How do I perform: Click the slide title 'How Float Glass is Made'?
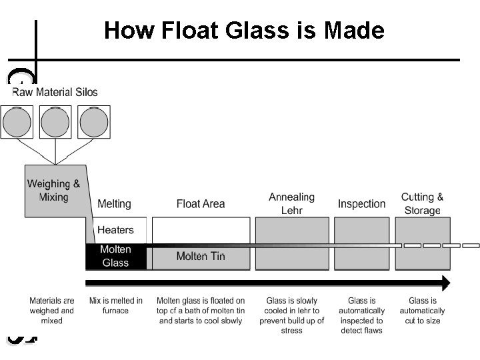244,31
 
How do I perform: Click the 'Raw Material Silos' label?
55,92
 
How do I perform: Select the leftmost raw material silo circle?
17,122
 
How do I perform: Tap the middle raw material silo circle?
55,122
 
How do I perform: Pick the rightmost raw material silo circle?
94,122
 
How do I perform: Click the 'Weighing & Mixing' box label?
53,190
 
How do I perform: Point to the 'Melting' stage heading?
115,204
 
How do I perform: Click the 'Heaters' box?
115,230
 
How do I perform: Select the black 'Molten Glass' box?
115,256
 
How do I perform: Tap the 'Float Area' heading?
201,204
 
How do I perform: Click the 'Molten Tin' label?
201,257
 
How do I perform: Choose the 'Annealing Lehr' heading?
291,203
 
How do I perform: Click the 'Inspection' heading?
361,204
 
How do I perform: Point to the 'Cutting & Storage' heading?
422,203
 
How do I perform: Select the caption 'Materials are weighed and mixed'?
52,311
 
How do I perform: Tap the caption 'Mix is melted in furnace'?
116,306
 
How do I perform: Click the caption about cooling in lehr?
292,315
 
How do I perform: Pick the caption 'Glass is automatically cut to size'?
423,311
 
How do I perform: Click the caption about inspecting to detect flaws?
361,315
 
